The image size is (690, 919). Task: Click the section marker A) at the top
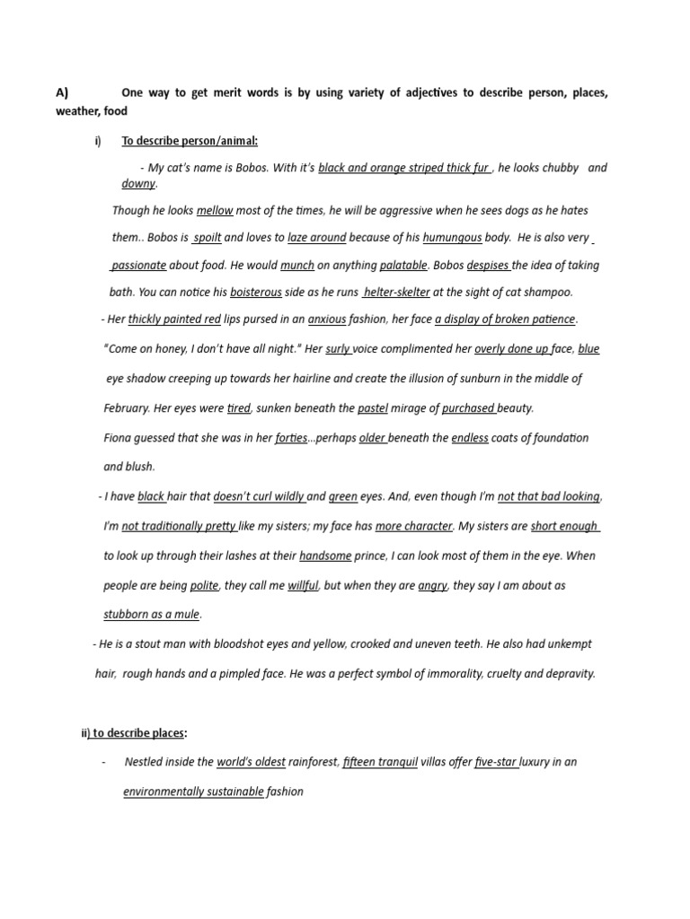[x=62, y=92]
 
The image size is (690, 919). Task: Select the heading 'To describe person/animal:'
[x=190, y=141]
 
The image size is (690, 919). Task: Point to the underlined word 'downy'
[x=138, y=184]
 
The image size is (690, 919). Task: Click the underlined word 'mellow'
[x=215, y=211]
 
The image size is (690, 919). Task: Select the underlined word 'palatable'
[x=404, y=266]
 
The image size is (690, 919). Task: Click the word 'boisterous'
[x=255, y=293]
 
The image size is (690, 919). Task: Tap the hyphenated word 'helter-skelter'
[x=396, y=293]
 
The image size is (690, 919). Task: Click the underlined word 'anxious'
[x=327, y=319]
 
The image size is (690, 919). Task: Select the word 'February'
[x=126, y=408]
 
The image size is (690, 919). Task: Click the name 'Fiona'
[x=118, y=438]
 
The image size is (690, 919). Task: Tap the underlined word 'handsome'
[x=325, y=556]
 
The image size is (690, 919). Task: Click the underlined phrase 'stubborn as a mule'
[x=152, y=615]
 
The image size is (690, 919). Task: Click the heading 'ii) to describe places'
[x=134, y=733]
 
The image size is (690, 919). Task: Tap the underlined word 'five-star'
[x=496, y=763]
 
